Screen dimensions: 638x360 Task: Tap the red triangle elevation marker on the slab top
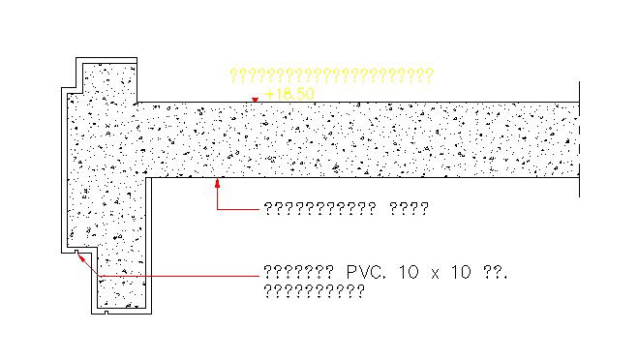click(255, 99)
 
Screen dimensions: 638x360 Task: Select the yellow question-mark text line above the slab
click(330, 75)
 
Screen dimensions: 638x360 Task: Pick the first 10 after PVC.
click(409, 274)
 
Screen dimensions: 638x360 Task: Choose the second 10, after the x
click(461, 274)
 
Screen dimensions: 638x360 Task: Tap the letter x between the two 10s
click(435, 275)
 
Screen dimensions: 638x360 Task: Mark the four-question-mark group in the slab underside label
click(408, 208)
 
